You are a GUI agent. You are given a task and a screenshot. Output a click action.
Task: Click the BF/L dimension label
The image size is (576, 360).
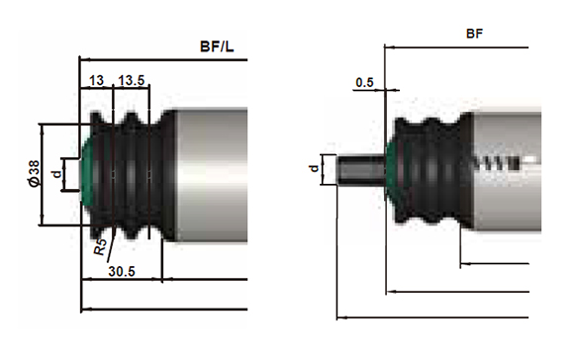pyautogui.click(x=217, y=46)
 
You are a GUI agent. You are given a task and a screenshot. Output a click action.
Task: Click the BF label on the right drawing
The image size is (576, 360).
pyautogui.click(x=474, y=34)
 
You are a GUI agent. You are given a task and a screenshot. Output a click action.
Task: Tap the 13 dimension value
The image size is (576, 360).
pyautogui.click(x=97, y=80)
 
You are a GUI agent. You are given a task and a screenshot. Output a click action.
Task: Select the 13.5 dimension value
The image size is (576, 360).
pyautogui.click(x=132, y=80)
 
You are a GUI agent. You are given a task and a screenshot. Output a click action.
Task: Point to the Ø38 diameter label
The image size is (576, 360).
pyautogui.click(x=34, y=173)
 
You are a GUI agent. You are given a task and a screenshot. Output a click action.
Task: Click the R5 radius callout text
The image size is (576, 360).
pyautogui.click(x=100, y=247)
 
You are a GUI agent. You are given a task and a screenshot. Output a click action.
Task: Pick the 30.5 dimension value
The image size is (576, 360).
pyautogui.click(x=122, y=271)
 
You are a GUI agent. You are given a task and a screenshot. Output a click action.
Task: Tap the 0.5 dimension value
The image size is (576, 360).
pyautogui.click(x=364, y=82)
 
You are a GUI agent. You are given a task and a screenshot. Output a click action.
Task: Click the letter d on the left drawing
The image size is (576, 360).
pyautogui.click(x=57, y=173)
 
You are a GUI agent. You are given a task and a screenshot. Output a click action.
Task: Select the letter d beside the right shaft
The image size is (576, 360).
pyautogui.click(x=314, y=168)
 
